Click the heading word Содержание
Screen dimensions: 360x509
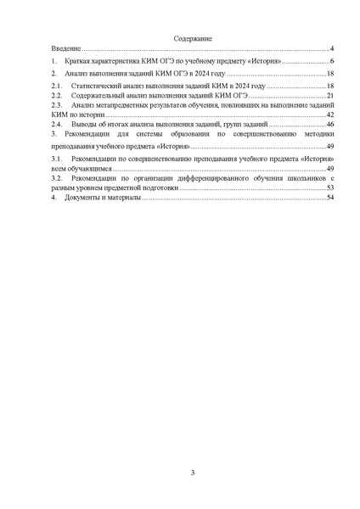193,40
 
